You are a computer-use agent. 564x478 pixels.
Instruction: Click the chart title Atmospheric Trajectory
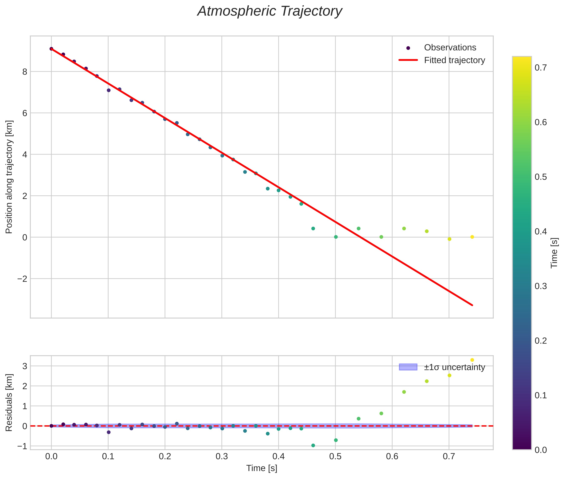(270, 11)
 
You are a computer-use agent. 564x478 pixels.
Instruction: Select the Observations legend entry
(450, 47)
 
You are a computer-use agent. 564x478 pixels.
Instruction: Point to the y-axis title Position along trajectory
(9, 177)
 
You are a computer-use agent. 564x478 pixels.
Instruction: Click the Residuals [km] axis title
(9, 402)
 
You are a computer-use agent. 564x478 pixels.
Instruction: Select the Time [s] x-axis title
(262, 468)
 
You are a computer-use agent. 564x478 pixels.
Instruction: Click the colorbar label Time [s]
(554, 253)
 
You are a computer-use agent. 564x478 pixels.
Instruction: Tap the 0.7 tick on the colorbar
(540, 67)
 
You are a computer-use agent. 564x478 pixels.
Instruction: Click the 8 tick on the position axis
(25, 72)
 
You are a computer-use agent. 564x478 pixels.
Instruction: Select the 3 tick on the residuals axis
(25, 366)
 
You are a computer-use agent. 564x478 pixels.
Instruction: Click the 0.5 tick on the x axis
(335, 456)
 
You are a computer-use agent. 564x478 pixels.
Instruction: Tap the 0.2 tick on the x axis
(165, 456)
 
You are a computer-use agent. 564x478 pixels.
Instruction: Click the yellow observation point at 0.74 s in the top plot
(472, 237)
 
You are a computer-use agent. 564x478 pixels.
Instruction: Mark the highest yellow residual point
(472, 360)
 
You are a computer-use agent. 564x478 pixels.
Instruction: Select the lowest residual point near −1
(313, 445)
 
